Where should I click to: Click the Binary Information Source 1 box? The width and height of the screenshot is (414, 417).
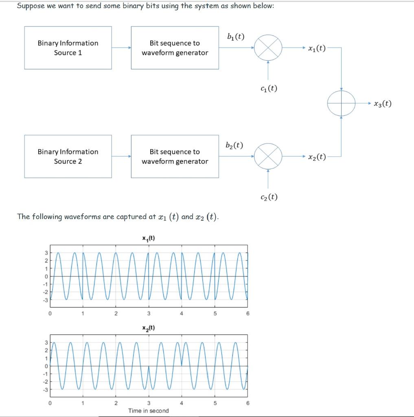68,48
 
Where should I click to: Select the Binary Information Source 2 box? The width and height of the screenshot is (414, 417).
68,156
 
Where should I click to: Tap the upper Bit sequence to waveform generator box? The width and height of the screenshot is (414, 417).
175,48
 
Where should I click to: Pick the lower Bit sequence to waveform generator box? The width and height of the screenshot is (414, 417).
175,156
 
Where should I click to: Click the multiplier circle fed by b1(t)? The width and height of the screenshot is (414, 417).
268,48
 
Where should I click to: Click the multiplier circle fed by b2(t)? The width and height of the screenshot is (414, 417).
268,156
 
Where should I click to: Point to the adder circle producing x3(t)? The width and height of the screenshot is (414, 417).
341,103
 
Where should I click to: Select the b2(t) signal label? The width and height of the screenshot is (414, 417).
234,145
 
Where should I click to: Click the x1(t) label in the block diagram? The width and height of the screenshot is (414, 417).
317,48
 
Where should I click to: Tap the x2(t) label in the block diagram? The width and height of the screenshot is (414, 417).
317,157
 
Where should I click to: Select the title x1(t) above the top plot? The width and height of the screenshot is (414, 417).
148,239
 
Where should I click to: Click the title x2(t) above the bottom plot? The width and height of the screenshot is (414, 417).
148,328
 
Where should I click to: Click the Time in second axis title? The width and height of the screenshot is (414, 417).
148,410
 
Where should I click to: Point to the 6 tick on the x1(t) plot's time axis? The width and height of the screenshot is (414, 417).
248,314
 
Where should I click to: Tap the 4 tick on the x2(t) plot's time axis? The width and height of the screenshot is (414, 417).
182,403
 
